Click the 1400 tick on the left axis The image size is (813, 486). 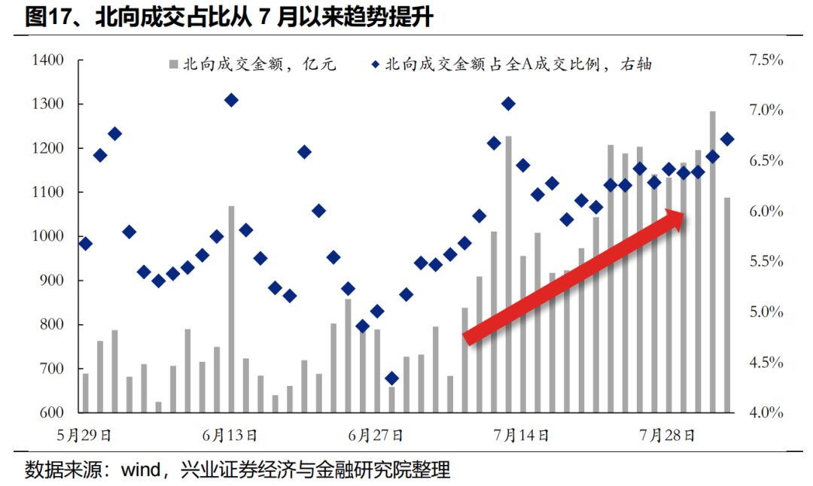tap(47, 60)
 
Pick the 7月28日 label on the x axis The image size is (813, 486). tap(667, 435)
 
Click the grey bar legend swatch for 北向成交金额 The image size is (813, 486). tap(174, 65)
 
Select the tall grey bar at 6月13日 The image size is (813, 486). tap(231, 308)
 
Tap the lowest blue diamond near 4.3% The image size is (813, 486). tap(391, 378)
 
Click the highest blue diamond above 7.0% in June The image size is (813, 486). tap(231, 100)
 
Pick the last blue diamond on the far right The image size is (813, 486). tap(727, 138)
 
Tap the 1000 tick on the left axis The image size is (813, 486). tap(47, 237)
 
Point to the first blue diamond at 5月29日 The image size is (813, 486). tap(85, 244)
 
